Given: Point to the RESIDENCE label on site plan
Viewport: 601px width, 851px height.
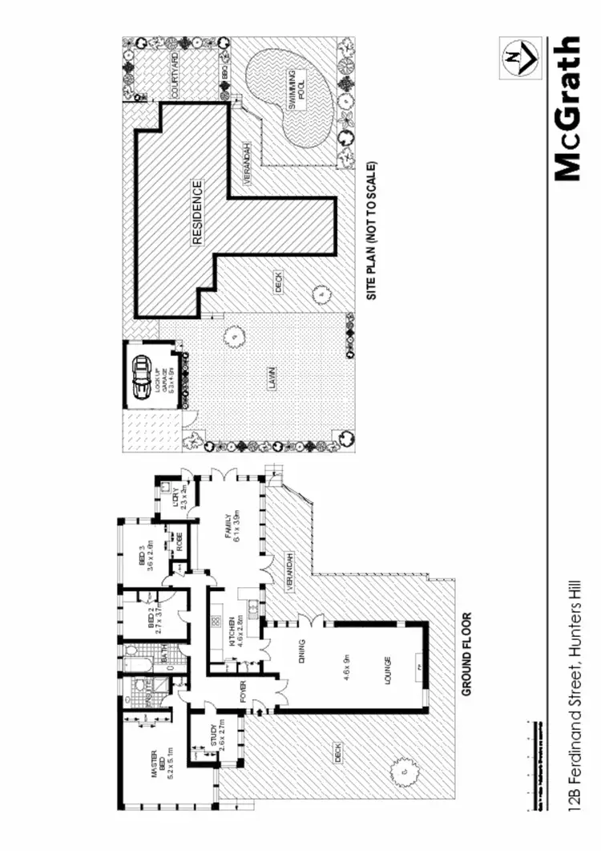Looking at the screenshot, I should point(198,212).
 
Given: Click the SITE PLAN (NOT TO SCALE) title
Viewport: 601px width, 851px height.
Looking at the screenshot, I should point(371,232).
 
